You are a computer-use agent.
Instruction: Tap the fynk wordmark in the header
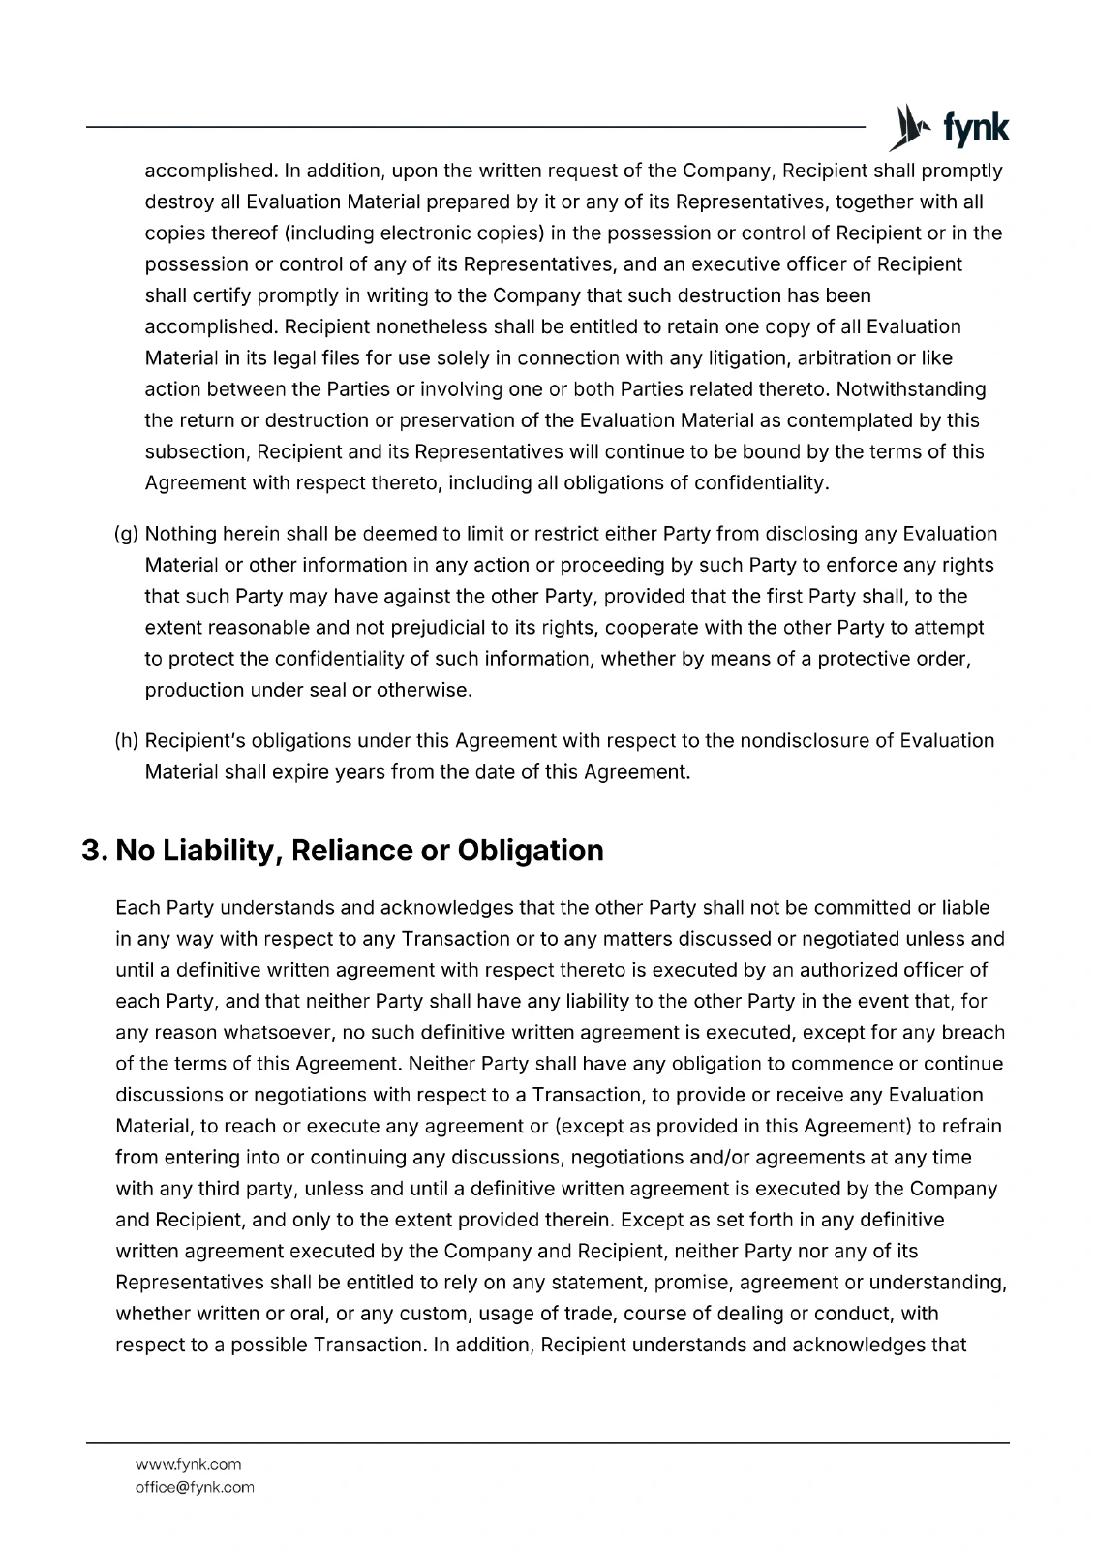[975, 129]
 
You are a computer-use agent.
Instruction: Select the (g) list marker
[127, 534]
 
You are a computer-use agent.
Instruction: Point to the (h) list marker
[127, 741]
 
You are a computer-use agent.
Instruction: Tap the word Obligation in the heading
[530, 851]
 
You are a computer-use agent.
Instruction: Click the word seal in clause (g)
[328, 691]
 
